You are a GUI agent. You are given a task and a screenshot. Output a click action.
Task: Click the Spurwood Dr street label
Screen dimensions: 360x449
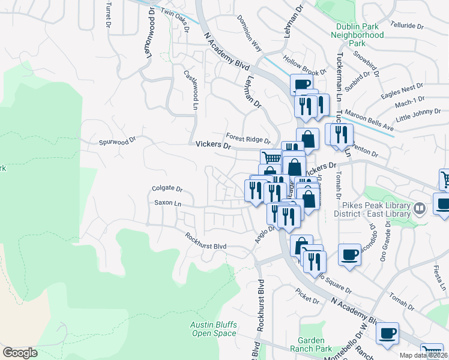click(x=118, y=143)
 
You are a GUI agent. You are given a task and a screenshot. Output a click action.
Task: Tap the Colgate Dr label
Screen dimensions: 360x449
click(x=167, y=188)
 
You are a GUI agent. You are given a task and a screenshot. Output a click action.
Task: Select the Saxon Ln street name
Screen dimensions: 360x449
click(x=167, y=203)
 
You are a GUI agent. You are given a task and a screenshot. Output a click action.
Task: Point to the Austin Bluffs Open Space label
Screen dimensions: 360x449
click(x=214, y=329)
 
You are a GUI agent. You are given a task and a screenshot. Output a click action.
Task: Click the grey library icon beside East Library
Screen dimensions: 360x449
click(x=420, y=209)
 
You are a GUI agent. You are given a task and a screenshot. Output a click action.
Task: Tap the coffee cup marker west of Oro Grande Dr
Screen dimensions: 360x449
click(x=349, y=254)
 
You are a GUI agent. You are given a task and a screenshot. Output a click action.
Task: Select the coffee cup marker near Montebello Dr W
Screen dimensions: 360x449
click(x=387, y=332)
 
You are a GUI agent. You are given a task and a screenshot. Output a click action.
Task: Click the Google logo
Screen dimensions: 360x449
click(x=20, y=353)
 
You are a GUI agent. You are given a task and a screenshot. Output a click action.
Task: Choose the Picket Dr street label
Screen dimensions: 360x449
click(x=305, y=292)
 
